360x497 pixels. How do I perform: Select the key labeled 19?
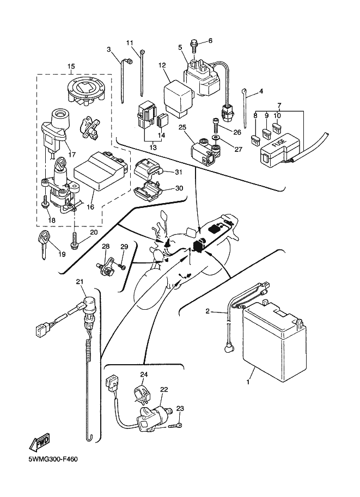click(42, 240)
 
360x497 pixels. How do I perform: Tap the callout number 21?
click(80, 281)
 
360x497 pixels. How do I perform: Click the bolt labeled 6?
click(194, 41)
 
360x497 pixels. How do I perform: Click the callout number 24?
click(144, 375)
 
